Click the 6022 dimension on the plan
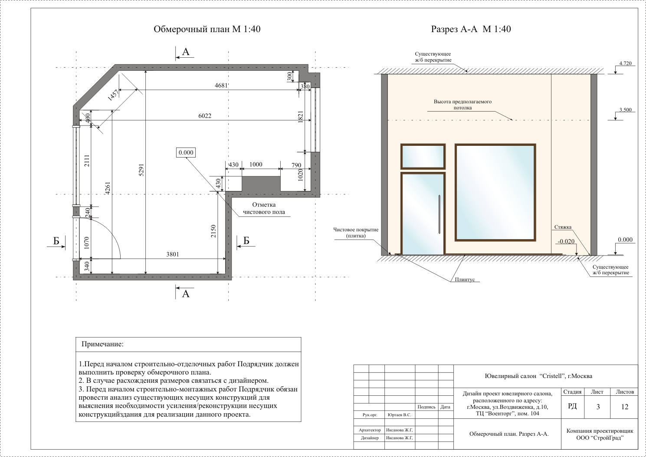205,116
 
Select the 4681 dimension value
221,85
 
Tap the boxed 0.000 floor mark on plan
186,152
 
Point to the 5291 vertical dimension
141,170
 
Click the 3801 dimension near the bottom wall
173,254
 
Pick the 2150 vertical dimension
213,231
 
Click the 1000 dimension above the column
256,164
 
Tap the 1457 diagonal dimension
113,95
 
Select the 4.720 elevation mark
625,63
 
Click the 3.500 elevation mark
625,110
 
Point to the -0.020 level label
566,241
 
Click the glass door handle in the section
439,214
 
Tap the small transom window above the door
423,156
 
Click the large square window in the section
495,192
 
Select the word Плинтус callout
465,279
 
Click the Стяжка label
563,227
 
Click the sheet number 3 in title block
598,407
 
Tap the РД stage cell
572,406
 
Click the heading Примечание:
102,344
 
